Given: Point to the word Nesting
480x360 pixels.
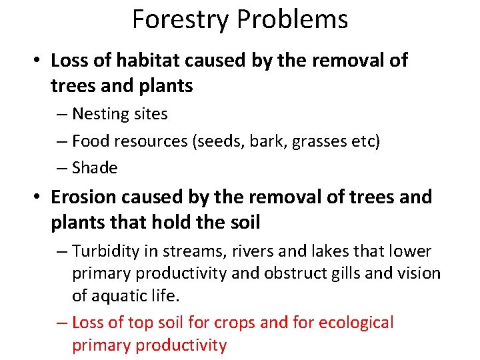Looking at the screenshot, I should pyautogui.click(x=101, y=114).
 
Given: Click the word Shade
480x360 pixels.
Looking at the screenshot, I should pyautogui.click(x=95, y=168).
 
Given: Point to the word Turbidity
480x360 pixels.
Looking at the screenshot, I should pyautogui.click(x=105, y=251).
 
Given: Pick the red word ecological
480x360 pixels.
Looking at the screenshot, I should pyautogui.click(x=355, y=323).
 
